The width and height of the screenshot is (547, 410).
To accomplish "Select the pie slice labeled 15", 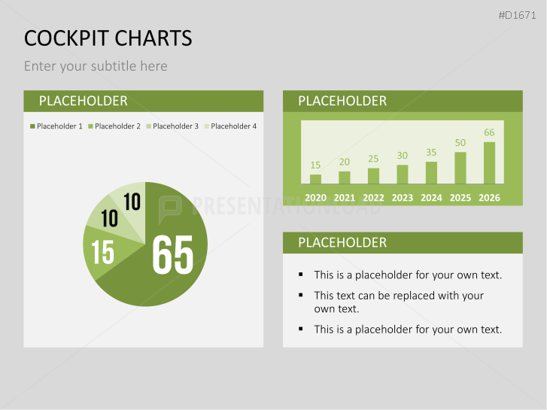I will [x=103, y=252].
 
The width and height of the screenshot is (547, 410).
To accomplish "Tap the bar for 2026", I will [x=489, y=162].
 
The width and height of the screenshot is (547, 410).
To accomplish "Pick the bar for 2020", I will [x=315, y=179].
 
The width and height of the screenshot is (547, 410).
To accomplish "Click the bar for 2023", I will [x=403, y=174].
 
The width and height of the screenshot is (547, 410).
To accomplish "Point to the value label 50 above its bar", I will [x=460, y=143].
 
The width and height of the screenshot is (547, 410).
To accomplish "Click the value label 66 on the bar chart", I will [x=489, y=133].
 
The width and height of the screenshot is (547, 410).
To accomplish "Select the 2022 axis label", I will [x=373, y=198].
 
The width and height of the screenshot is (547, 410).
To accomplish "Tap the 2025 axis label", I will [x=460, y=198].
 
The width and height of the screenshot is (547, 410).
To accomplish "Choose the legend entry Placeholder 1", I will [x=56, y=126].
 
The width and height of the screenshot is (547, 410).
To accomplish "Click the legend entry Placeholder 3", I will [x=172, y=126].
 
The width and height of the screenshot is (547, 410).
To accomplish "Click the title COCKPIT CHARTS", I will [x=108, y=38].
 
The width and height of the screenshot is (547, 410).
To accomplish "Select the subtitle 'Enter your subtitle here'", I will [x=96, y=66].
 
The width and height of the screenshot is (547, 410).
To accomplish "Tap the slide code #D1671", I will [x=518, y=15].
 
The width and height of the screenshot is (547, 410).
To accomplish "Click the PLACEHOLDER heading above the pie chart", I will [x=83, y=101].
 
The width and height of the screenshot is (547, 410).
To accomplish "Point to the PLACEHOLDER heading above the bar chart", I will [x=342, y=101].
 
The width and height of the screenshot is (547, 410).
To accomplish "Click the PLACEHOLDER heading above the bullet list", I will [x=342, y=242].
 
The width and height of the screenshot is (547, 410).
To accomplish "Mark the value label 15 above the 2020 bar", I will [x=315, y=165].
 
